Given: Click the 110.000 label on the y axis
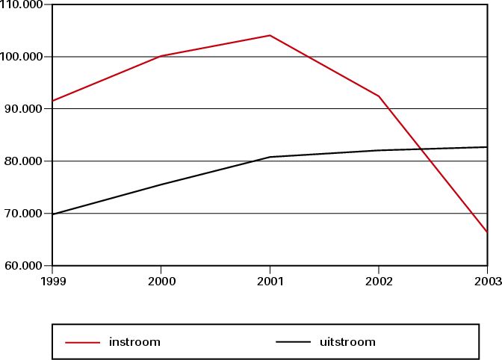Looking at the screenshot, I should tap(22, 4).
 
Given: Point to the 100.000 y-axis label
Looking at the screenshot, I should tap(22, 57).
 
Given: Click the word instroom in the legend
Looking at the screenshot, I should tap(135, 343).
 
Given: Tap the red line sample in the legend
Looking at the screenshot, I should tap(83, 343).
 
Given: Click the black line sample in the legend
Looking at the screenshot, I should tap(293, 343).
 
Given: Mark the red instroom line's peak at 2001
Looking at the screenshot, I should tap(270, 35).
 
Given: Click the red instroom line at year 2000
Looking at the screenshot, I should tap(161, 56).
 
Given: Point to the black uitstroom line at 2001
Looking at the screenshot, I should tap(270, 157).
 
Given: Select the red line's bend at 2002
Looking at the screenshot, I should tap(379, 96).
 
